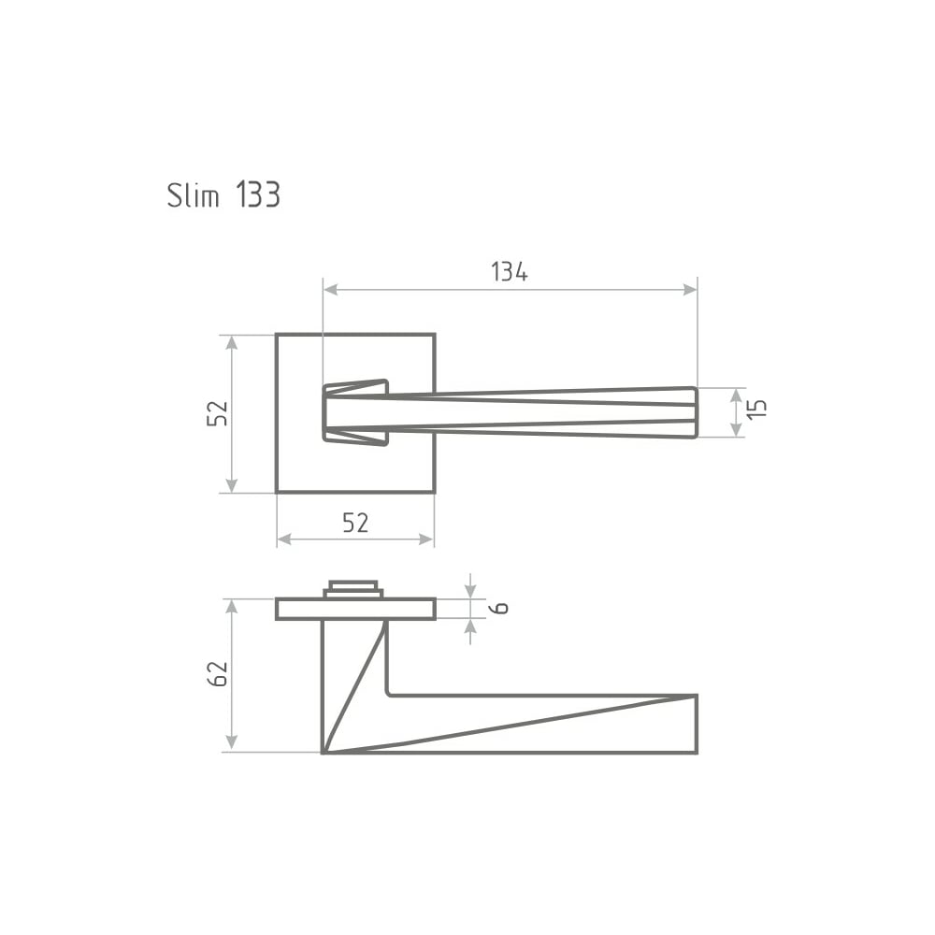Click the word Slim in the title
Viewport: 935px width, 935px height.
click(194, 195)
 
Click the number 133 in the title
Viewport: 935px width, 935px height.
click(258, 195)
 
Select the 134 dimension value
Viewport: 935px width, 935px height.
click(510, 272)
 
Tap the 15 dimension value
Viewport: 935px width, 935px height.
click(756, 409)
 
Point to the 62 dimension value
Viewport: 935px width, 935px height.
click(217, 674)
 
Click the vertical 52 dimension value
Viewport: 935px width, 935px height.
click(217, 412)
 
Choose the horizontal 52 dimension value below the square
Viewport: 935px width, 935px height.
click(355, 523)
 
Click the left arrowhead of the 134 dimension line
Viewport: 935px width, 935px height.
click(330, 290)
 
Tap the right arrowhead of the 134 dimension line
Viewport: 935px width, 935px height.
click(690, 290)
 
